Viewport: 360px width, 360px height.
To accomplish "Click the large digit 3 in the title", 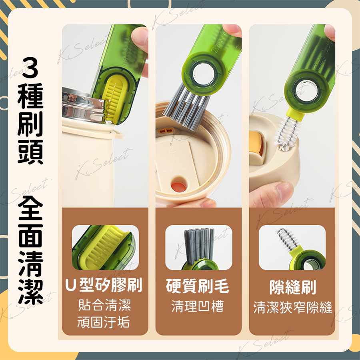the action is click(x=30, y=68).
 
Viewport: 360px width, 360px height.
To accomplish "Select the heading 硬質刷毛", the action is click(x=198, y=286).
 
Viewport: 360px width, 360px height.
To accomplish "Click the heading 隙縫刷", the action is click(x=293, y=287).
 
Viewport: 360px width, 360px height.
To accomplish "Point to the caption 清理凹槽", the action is click(x=198, y=306).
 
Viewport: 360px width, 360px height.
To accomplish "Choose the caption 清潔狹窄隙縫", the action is click(x=293, y=308).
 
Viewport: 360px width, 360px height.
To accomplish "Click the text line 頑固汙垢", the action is click(x=103, y=322).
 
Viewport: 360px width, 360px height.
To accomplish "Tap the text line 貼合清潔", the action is click(x=104, y=305).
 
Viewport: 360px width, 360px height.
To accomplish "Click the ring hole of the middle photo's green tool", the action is click(x=203, y=74).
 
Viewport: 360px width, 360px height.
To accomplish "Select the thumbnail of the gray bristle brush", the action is click(x=198, y=248).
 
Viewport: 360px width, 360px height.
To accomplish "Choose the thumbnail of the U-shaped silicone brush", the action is click(x=105, y=248).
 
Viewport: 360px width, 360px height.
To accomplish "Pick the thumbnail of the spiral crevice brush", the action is click(x=292, y=248).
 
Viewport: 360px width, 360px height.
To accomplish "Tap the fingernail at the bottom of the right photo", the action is click(x=283, y=190).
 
